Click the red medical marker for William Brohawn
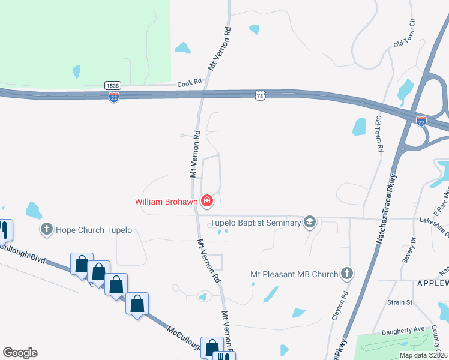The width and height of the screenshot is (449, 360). tap(207, 200)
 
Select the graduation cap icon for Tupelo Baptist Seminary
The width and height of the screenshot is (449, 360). tap(310, 223)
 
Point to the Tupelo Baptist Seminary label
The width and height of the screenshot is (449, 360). tap(255, 223)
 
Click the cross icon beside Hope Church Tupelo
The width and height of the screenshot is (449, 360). tap(47, 229)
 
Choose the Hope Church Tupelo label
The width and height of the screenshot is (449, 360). tap(93, 230)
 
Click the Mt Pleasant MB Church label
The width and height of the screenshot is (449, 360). tap(294, 275)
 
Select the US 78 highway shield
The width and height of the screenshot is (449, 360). tap(259, 94)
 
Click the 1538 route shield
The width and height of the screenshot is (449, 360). tap(112, 85)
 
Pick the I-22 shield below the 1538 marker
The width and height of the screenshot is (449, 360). tap(114, 97)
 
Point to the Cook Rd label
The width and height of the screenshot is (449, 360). tap(189, 84)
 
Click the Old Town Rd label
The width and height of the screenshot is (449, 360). tap(379, 133)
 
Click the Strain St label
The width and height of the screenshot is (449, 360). tap(400, 302)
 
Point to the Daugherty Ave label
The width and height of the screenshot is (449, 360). tap(403, 331)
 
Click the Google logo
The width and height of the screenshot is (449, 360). tap(20, 353)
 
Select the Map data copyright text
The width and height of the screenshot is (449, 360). tap(423, 355)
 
